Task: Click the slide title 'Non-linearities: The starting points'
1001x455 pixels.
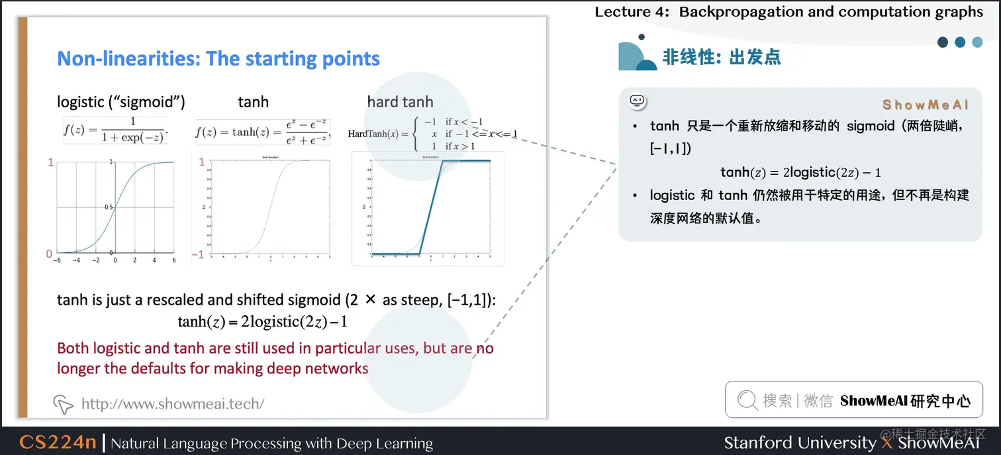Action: tap(218, 59)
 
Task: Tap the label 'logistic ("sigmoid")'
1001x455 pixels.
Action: tap(121, 102)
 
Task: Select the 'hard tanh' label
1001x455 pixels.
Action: tap(400, 102)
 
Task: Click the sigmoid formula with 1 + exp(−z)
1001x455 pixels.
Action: tap(116, 130)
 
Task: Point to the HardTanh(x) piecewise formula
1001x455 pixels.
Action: tap(432, 134)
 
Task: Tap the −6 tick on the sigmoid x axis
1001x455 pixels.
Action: tap(58, 260)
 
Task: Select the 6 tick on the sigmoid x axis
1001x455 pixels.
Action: tap(174, 260)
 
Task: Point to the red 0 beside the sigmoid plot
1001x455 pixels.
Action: tap(49, 254)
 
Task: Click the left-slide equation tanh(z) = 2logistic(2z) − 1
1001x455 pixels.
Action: tap(262, 323)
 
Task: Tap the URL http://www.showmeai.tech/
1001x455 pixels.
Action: tap(172, 403)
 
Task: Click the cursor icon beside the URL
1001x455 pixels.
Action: tap(63, 403)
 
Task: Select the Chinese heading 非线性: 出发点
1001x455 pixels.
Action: tap(722, 57)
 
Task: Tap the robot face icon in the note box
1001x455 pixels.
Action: tap(637, 101)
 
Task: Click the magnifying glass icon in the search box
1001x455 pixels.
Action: tap(747, 400)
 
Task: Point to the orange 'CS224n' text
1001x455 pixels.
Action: tap(58, 442)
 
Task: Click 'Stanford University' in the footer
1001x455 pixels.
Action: tap(799, 442)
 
